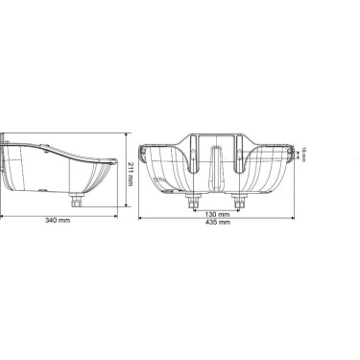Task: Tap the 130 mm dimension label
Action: coord(216,214)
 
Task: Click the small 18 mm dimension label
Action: coord(303,153)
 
